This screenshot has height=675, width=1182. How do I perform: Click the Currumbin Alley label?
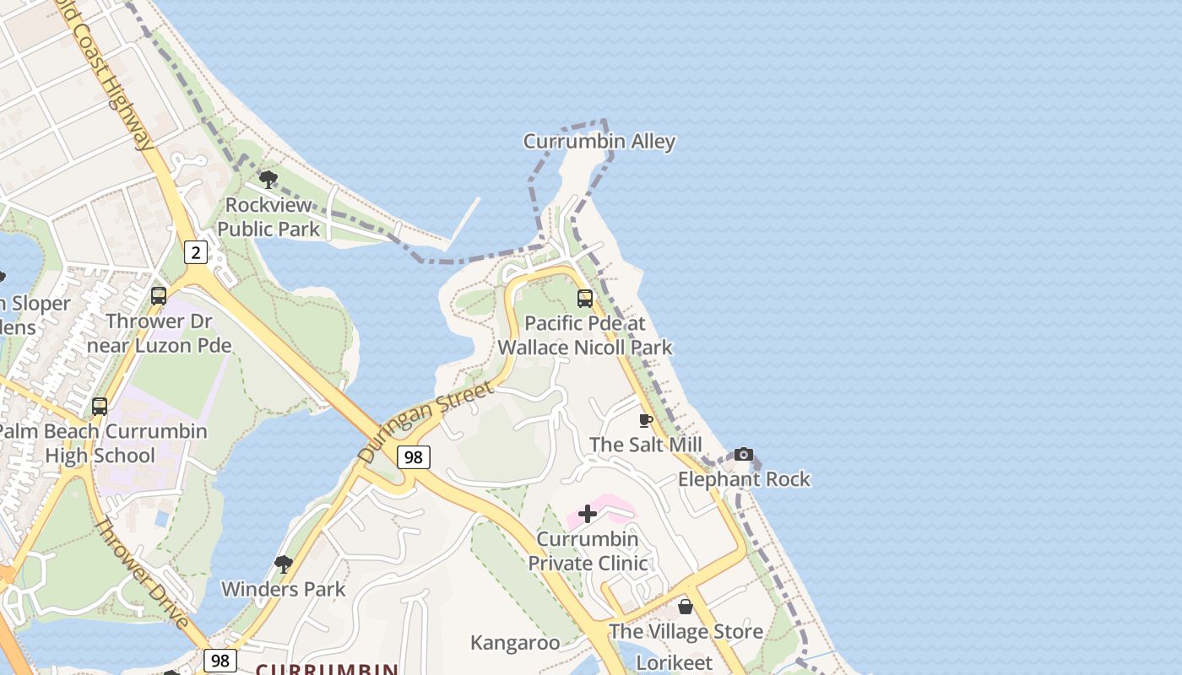tap(599, 141)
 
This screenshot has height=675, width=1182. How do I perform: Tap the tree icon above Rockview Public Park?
tap(268, 179)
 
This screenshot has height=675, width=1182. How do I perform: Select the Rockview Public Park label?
tap(268, 217)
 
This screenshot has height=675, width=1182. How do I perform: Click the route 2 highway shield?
tap(196, 251)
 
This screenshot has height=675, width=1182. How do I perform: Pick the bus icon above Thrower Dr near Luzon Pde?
tap(159, 296)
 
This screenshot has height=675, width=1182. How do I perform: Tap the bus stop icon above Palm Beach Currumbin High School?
tap(100, 407)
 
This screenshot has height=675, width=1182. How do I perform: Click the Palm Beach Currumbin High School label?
tap(100, 443)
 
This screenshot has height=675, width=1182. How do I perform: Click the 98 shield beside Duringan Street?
tap(413, 457)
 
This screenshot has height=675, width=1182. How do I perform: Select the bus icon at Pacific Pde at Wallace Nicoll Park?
tap(584, 298)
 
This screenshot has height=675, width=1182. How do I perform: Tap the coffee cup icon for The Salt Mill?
tap(646, 420)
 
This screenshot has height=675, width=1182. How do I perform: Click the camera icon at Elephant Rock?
tap(743, 455)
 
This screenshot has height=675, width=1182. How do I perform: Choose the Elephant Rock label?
tap(744, 479)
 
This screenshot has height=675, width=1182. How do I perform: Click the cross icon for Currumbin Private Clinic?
tap(588, 514)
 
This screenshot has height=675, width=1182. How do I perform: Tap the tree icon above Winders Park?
tap(284, 564)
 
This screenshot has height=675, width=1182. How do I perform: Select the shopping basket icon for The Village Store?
tap(685, 607)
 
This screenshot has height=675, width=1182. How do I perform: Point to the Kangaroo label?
tap(515, 643)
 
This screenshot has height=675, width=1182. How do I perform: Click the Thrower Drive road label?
tap(141, 574)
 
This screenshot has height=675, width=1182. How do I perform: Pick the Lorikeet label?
tap(675, 663)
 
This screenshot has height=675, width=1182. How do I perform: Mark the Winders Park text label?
tap(284, 589)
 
